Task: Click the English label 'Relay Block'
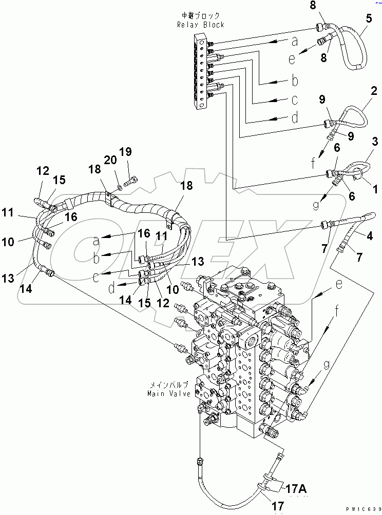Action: click(x=200, y=25)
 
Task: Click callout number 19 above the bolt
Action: click(x=125, y=152)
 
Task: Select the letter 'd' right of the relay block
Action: click(x=295, y=118)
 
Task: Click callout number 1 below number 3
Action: click(x=376, y=190)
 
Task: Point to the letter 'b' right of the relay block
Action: click(x=295, y=81)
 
